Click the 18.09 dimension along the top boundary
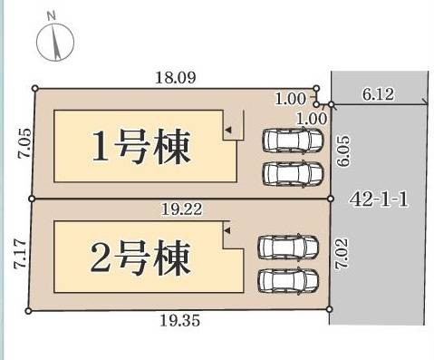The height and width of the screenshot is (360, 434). coord(176,79)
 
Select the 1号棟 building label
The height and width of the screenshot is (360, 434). coord(142,147)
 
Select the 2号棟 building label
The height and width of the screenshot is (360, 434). coord(142,258)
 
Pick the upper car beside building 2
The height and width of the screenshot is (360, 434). coord(288,246)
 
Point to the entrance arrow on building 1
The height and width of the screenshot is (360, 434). coord(228,132)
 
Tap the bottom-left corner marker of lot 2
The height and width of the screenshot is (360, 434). coord(29,311)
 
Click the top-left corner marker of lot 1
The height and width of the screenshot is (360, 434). coord(35,88)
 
